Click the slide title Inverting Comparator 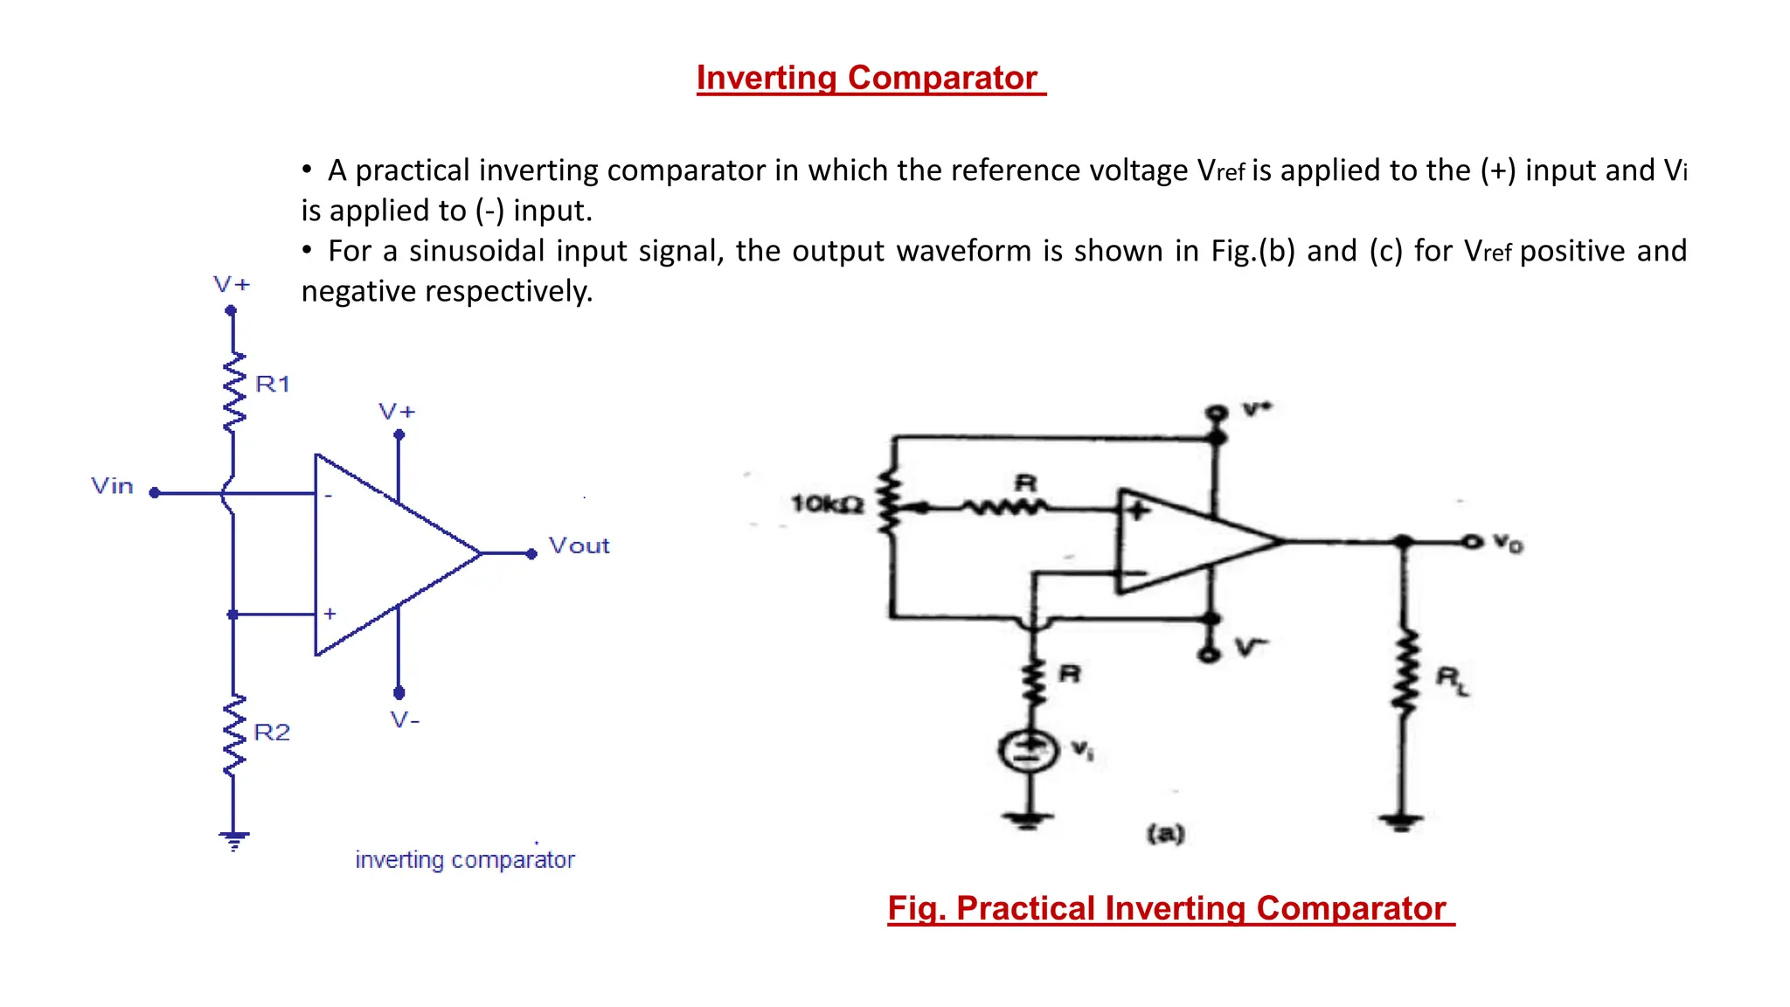pyautogui.click(x=870, y=78)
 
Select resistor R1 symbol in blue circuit pyautogui.click(x=233, y=392)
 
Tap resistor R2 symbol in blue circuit pyautogui.click(x=233, y=735)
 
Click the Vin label pyautogui.click(x=113, y=486)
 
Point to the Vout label pyautogui.click(x=579, y=545)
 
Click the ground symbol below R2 pyautogui.click(x=233, y=840)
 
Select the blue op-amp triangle pyautogui.click(x=385, y=554)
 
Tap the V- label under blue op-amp pyautogui.click(x=405, y=720)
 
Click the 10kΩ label pyautogui.click(x=827, y=504)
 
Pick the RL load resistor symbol pyautogui.click(x=1405, y=673)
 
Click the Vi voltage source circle pyautogui.click(x=1030, y=750)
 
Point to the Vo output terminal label pyautogui.click(x=1508, y=543)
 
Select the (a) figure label pyautogui.click(x=1166, y=833)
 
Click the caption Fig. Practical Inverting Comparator pyautogui.click(x=1169, y=908)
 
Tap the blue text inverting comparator pyautogui.click(x=465, y=860)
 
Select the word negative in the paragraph pyautogui.click(x=358, y=291)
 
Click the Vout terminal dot pyautogui.click(x=531, y=553)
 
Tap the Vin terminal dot pyautogui.click(x=155, y=493)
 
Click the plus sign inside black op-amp pyautogui.click(x=1137, y=510)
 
